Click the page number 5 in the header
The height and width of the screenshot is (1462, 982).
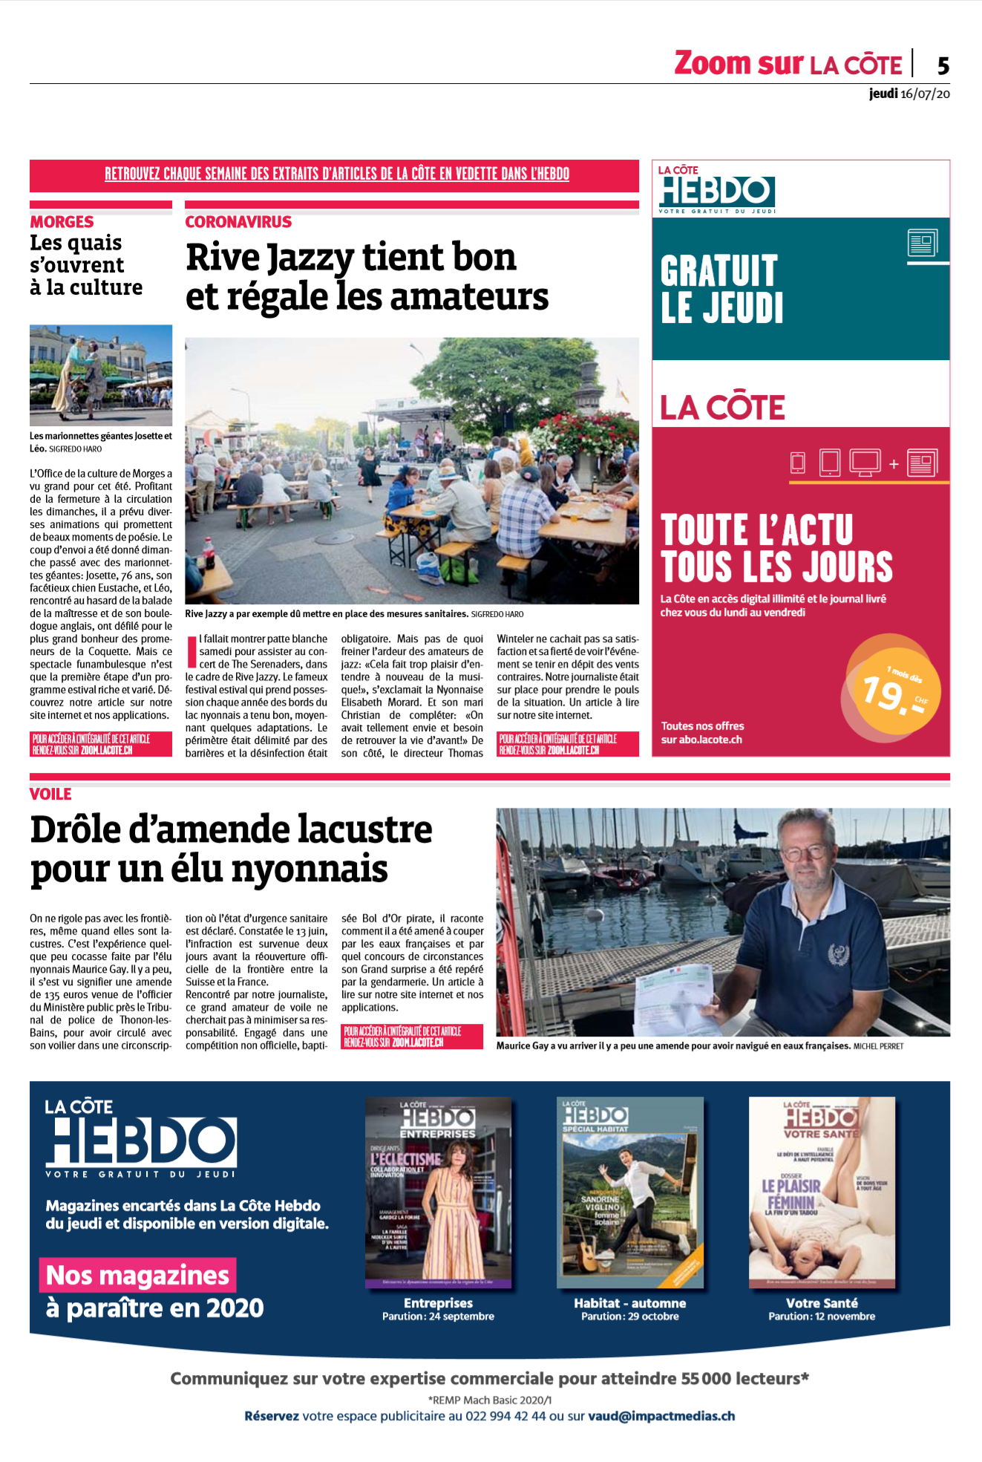click(943, 66)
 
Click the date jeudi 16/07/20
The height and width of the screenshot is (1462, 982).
click(909, 94)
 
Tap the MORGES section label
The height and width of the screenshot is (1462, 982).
click(62, 222)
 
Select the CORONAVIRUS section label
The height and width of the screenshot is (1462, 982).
click(238, 222)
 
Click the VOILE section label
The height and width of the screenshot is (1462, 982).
click(50, 794)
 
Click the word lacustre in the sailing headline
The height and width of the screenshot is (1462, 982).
click(364, 829)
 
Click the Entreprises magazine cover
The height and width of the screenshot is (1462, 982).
click(438, 1192)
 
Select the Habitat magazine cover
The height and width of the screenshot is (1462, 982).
click(629, 1192)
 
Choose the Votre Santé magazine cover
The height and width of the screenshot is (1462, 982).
click(822, 1192)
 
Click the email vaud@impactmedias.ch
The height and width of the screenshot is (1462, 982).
click(661, 1416)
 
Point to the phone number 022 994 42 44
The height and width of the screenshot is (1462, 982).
click(505, 1416)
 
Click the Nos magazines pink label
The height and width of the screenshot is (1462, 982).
click(137, 1275)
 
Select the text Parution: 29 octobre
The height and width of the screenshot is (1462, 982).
click(629, 1316)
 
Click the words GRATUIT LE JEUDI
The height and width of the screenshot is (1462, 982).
click(721, 290)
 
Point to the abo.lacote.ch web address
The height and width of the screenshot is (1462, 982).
click(710, 740)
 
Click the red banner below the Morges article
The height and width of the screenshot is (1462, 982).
click(101, 744)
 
